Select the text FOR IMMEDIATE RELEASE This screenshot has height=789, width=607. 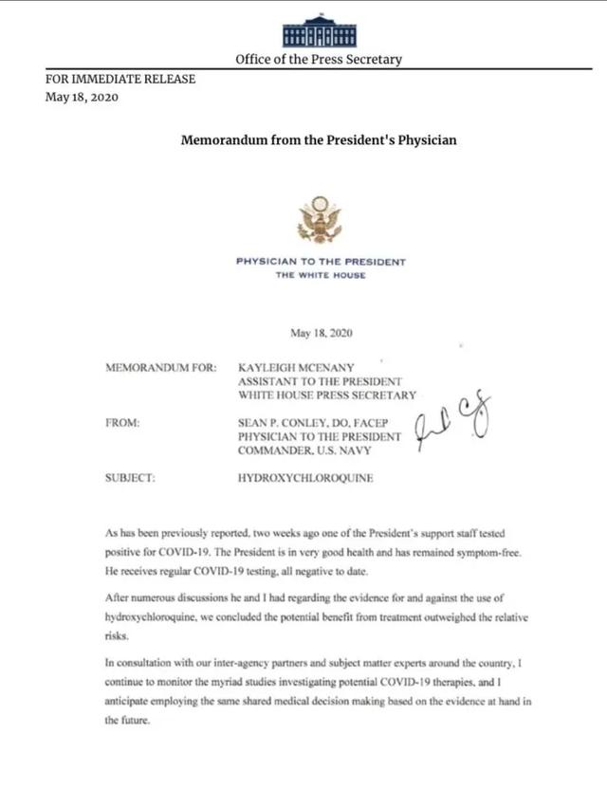120,80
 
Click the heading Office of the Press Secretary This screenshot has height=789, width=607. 319,59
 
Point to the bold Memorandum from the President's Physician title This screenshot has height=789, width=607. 319,140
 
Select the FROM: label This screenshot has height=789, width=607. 123,422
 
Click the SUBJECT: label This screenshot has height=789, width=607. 131,478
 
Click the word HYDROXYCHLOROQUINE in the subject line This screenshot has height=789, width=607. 304,478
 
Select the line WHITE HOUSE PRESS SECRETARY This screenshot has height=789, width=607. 326,394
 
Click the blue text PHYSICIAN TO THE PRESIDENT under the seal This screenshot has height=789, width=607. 321,262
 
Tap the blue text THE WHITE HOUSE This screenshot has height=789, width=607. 321,275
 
